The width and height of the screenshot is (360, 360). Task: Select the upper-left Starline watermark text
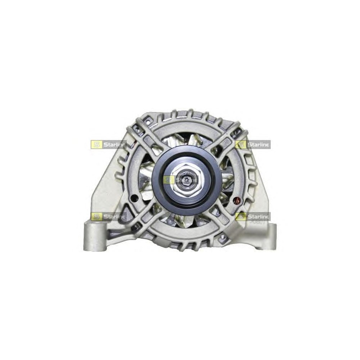tap(114, 145)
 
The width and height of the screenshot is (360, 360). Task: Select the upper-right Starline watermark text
tap(258, 145)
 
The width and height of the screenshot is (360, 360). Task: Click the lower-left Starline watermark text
tap(114, 216)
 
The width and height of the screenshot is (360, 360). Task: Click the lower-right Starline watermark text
tap(258, 216)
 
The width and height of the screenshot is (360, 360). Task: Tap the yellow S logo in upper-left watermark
tap(96, 145)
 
